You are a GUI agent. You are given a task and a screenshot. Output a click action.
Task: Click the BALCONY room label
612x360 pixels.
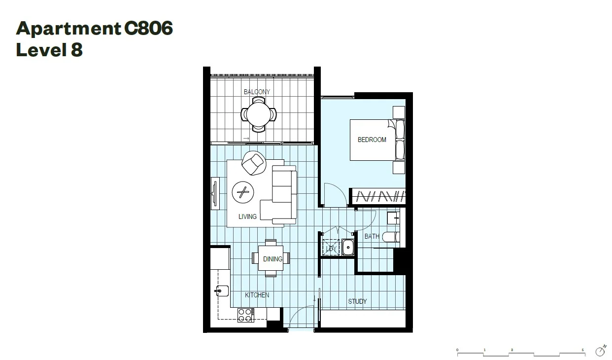click(257, 92)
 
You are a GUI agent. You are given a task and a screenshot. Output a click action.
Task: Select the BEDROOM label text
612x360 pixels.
click(372, 140)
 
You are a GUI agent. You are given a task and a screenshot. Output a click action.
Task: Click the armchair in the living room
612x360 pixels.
click(254, 163)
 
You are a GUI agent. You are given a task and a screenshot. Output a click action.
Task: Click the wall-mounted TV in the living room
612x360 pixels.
click(215, 194)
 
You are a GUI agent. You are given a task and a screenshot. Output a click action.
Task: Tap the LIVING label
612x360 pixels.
click(247, 216)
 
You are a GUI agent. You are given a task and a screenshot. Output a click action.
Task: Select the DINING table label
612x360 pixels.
click(272, 259)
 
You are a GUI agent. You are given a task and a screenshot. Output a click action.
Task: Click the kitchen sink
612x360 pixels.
click(222, 290)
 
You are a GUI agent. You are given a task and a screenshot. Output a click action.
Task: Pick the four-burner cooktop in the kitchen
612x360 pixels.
click(245, 315)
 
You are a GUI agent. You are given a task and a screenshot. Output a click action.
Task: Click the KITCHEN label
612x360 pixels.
click(257, 295)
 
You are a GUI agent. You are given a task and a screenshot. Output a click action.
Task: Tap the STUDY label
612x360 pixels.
click(357, 301)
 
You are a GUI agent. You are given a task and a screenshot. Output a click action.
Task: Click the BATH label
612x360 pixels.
click(372, 236)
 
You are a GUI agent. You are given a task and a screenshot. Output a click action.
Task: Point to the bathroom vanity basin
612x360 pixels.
click(393, 217)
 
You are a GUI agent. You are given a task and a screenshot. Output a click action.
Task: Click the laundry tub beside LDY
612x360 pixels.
click(348, 247)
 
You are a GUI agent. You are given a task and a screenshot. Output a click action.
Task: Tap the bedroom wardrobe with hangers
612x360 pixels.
click(378, 197)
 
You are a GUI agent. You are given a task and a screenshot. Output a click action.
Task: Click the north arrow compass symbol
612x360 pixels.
click(600, 351)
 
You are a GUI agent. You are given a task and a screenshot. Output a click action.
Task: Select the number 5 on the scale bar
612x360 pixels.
click(582, 350)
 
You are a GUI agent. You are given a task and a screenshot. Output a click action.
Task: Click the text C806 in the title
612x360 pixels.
click(148, 29)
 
